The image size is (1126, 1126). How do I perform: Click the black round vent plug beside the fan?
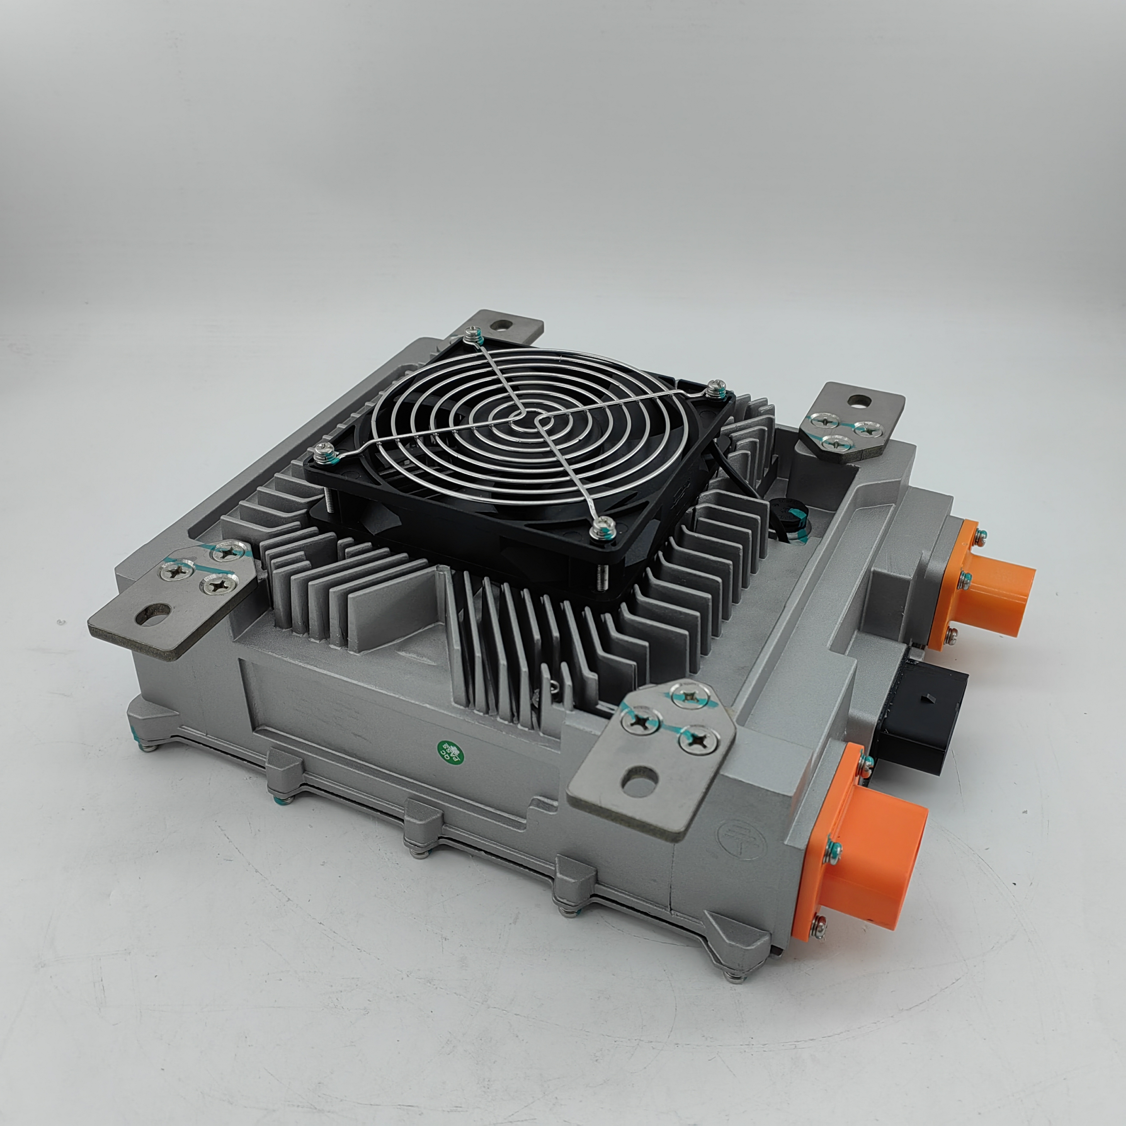click(787, 513)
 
